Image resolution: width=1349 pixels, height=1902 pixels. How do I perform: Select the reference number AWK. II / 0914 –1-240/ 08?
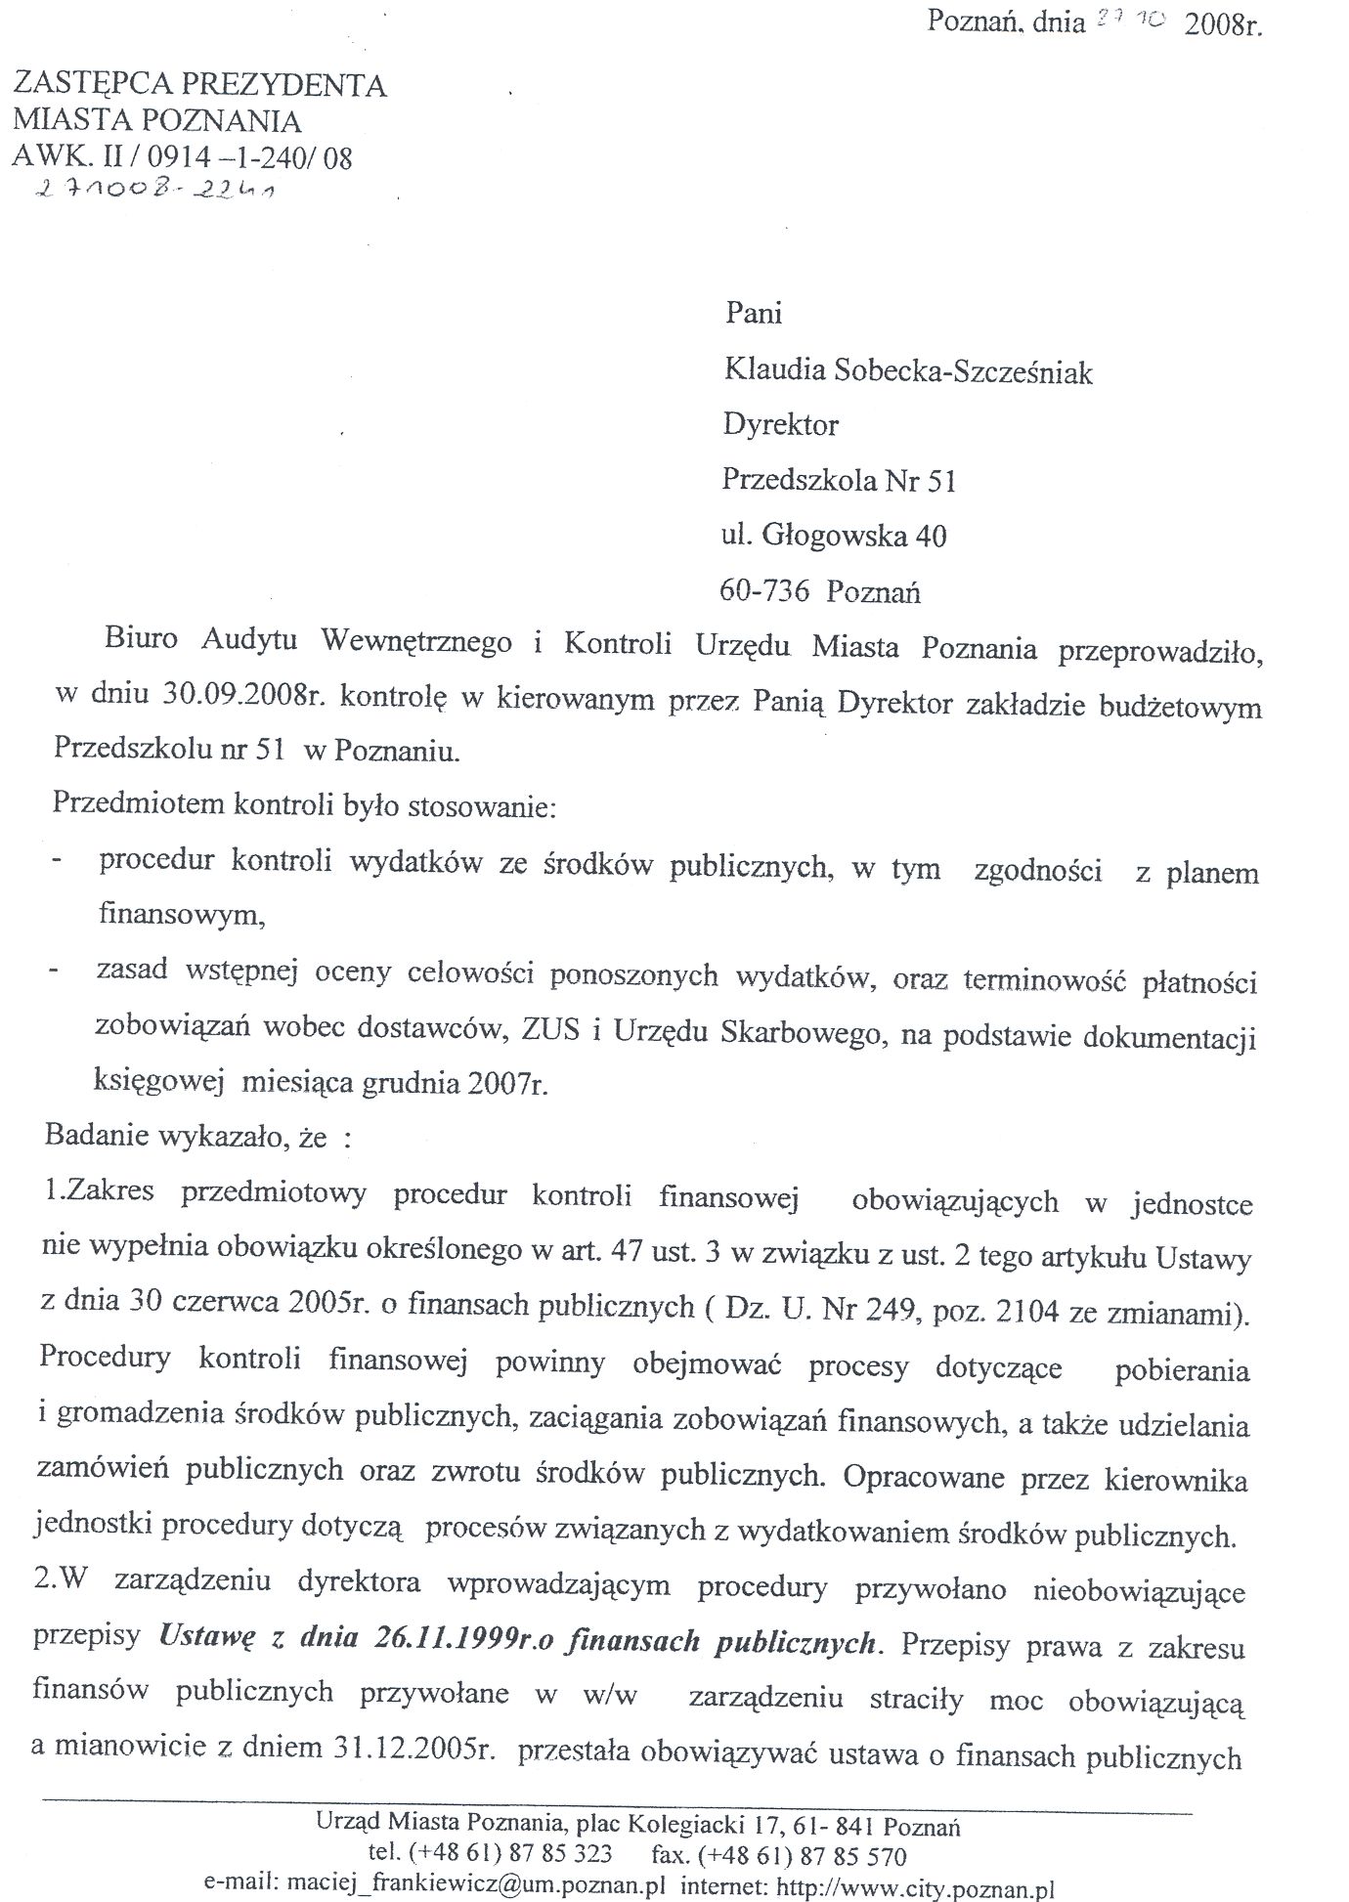point(183,157)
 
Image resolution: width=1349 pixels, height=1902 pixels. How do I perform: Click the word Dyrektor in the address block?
point(780,425)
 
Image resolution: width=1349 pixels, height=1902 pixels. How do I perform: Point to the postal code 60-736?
point(763,591)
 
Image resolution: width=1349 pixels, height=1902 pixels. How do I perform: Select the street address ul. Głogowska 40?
point(834,536)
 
